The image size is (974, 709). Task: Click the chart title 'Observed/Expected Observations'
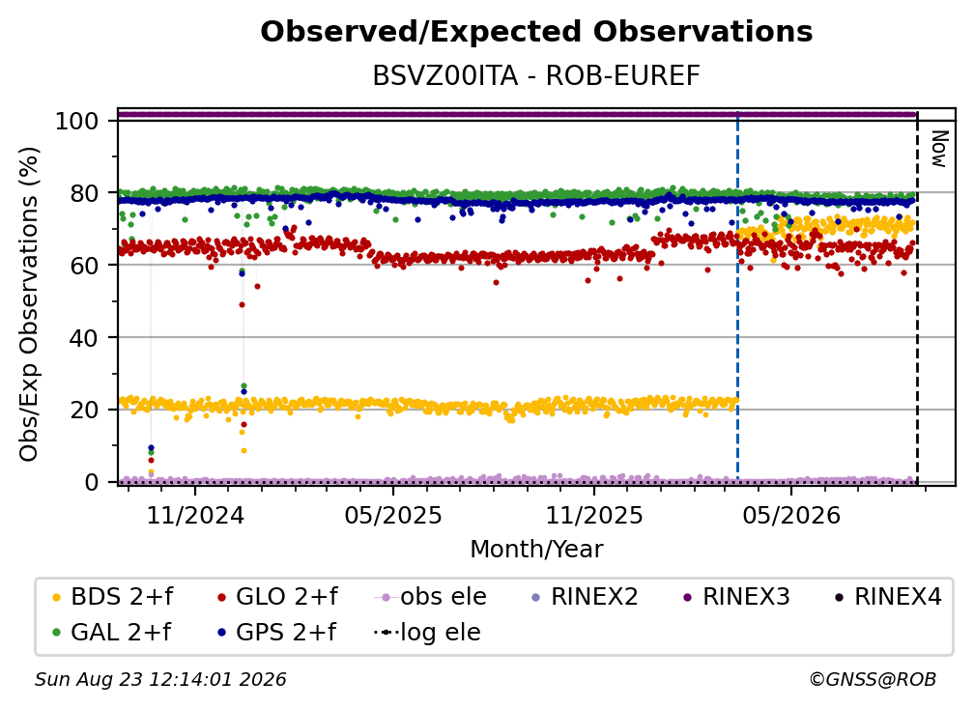(536, 32)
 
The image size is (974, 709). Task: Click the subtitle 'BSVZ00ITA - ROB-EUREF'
(536, 76)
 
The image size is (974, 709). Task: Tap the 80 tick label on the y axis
(84, 193)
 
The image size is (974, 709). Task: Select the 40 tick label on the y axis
(84, 338)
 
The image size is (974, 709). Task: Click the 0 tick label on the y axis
(92, 482)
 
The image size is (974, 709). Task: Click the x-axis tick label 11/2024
(195, 515)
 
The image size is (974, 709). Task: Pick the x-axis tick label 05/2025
(393, 515)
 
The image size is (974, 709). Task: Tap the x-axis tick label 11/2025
(594, 515)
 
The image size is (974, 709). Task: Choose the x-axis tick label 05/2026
(791, 515)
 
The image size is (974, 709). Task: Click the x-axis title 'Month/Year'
(536, 550)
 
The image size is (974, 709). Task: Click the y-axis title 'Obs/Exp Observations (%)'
(29, 304)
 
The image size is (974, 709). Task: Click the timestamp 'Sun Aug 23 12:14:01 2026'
(160, 680)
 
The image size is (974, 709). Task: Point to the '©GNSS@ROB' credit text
(873, 680)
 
